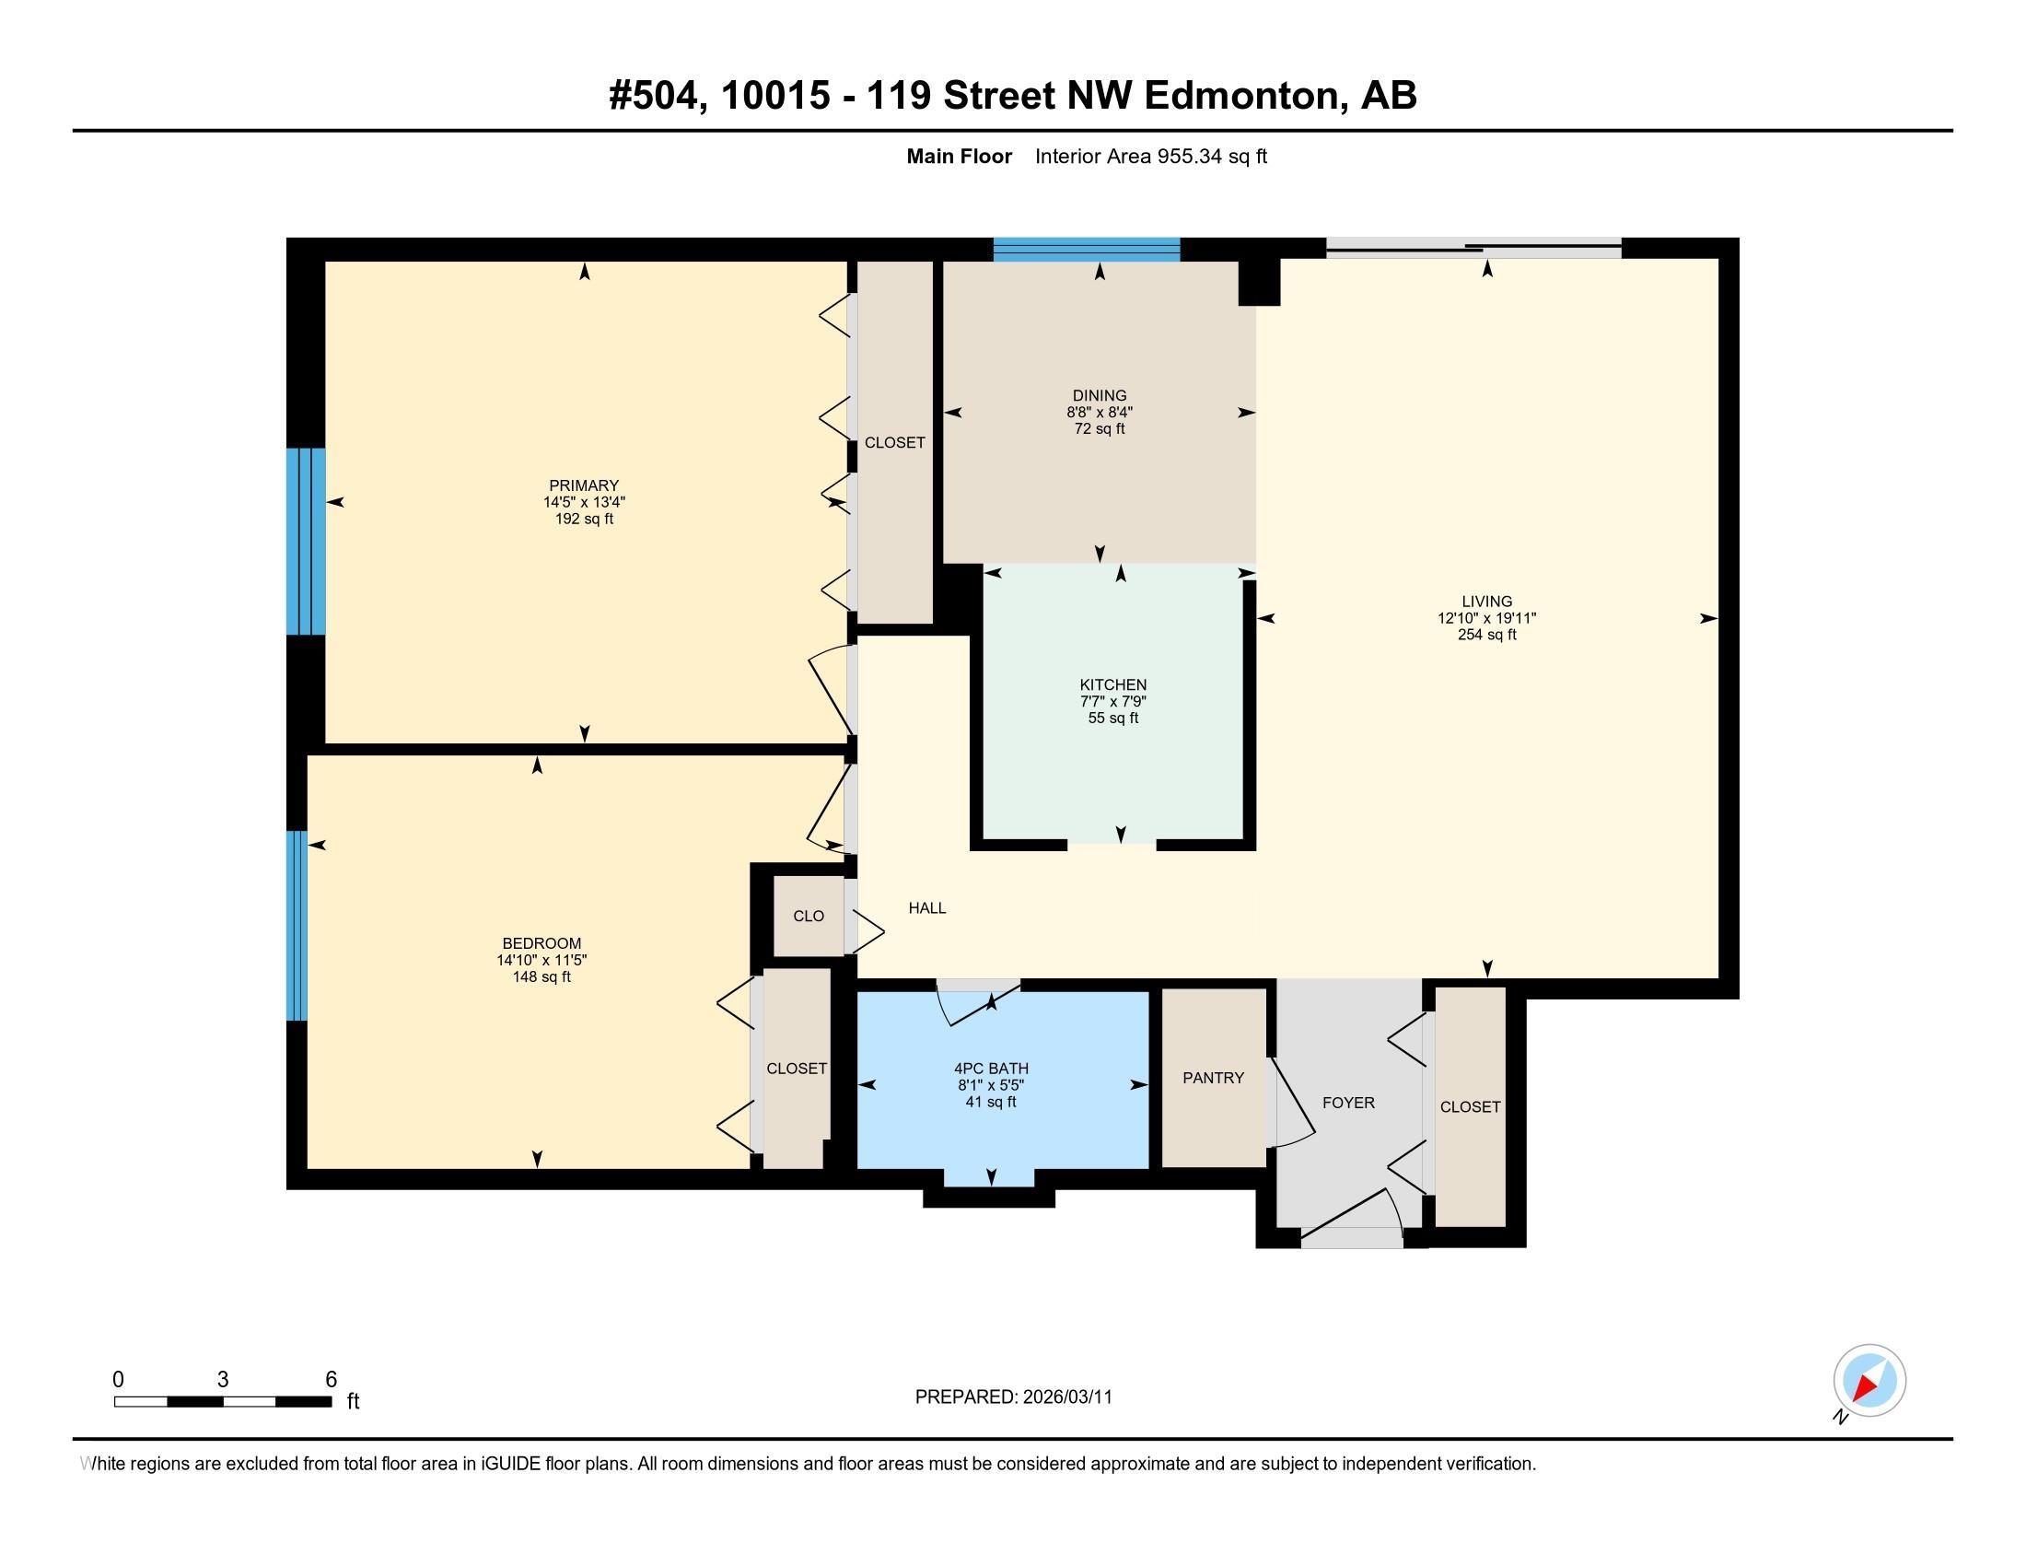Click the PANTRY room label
click(1213, 1077)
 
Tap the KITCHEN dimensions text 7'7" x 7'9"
click(1113, 701)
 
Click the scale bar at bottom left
click(223, 1401)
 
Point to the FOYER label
click(1348, 1102)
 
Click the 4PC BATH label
click(991, 1068)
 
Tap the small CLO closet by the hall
click(808, 916)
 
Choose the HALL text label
click(926, 908)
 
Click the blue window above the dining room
click(1087, 249)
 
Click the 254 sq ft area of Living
click(1486, 635)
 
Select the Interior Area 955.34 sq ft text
click(1150, 156)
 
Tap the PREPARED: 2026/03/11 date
click(1013, 1397)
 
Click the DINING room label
click(1100, 395)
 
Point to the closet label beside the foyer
click(1470, 1106)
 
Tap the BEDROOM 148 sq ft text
click(541, 976)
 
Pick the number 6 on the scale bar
click(332, 1379)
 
